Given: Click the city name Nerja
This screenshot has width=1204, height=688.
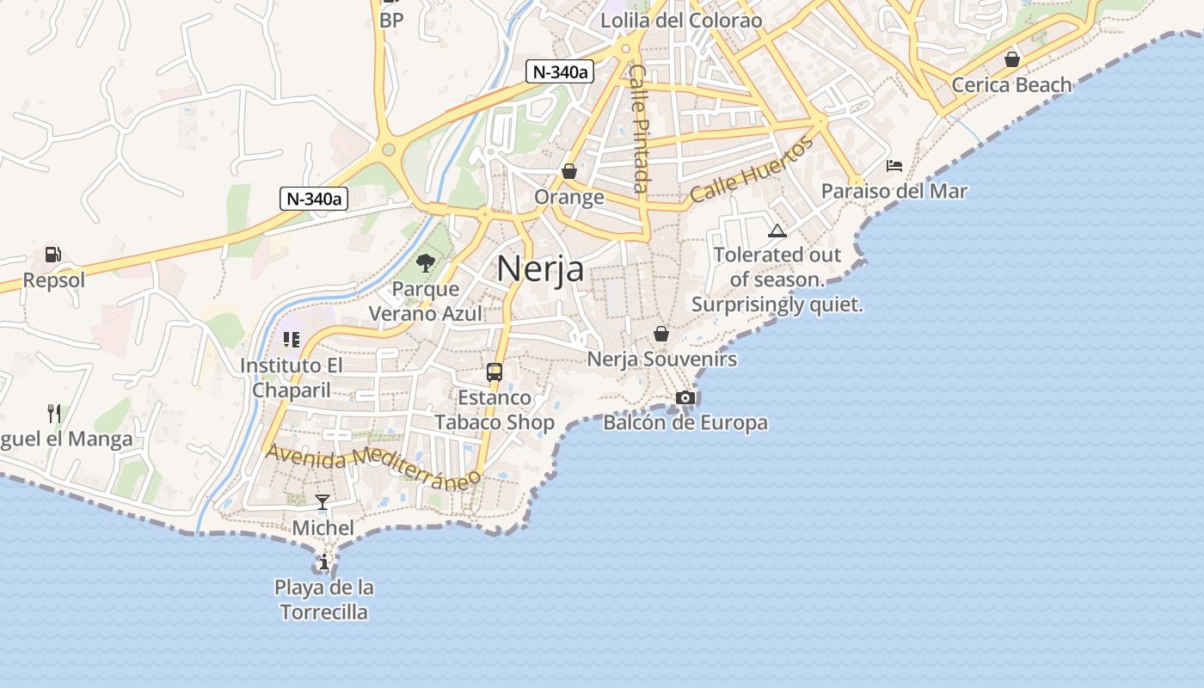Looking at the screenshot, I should coord(540,268).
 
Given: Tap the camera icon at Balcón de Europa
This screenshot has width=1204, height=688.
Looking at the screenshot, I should coord(685,397).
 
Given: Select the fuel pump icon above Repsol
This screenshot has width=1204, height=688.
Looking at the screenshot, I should coord(53,255).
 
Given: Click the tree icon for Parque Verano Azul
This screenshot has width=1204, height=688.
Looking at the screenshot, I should coord(425,262).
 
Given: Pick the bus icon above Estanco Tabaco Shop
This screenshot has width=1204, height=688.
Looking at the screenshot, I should coord(494,372).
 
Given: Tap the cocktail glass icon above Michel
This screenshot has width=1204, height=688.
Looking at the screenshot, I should coord(322,501).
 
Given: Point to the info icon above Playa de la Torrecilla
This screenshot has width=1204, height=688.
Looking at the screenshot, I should coord(323,562).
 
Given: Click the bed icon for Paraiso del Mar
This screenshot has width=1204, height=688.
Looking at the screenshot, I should coord(894,165).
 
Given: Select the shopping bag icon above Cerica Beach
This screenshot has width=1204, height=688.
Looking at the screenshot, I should coord(1012,59).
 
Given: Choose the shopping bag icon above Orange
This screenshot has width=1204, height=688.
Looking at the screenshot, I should coord(568,171).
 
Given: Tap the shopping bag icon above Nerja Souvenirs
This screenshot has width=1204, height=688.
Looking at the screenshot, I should coord(661,334).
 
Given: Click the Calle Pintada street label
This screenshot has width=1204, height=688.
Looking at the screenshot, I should coord(639,128).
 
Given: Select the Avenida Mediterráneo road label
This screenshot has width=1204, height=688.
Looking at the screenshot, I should coord(372,465).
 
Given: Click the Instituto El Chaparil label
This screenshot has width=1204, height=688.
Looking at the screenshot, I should coord(291,378).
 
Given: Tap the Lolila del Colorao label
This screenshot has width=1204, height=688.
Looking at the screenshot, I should coord(681,20).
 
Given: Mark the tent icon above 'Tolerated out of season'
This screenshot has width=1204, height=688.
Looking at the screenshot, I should coord(777,230).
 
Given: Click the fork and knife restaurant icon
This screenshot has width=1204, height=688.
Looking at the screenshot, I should coord(54,414).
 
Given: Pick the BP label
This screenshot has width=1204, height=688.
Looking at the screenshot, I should coord(391,20).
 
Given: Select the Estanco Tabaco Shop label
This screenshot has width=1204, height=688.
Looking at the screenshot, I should coord(494,409).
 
